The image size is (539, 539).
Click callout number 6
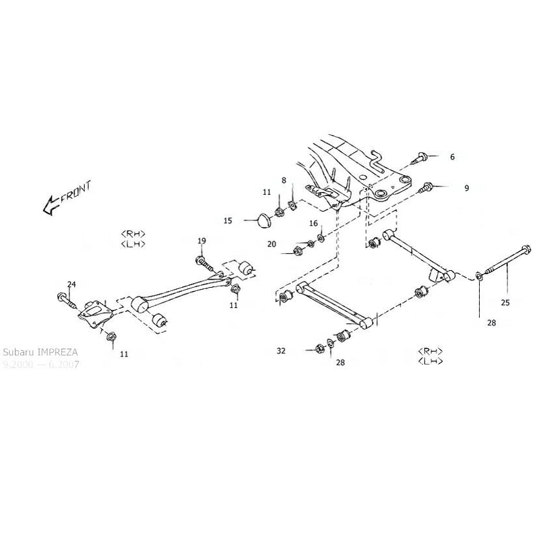point(452,156)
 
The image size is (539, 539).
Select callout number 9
point(466,189)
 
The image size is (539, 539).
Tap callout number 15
point(228,220)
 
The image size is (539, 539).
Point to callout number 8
point(284,181)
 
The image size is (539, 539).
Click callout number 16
point(313,223)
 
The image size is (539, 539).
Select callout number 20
point(272,245)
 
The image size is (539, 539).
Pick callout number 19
point(201,241)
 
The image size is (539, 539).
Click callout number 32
point(281,351)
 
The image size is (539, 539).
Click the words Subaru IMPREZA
point(40,352)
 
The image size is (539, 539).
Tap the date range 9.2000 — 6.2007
point(40,364)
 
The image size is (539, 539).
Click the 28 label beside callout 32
point(340,362)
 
